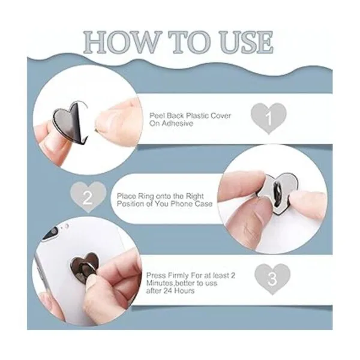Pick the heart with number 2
[88, 197]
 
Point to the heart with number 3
[272, 279]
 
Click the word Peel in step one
[157, 115]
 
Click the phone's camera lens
[50, 233]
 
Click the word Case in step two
[203, 204]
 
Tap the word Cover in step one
[220, 115]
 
